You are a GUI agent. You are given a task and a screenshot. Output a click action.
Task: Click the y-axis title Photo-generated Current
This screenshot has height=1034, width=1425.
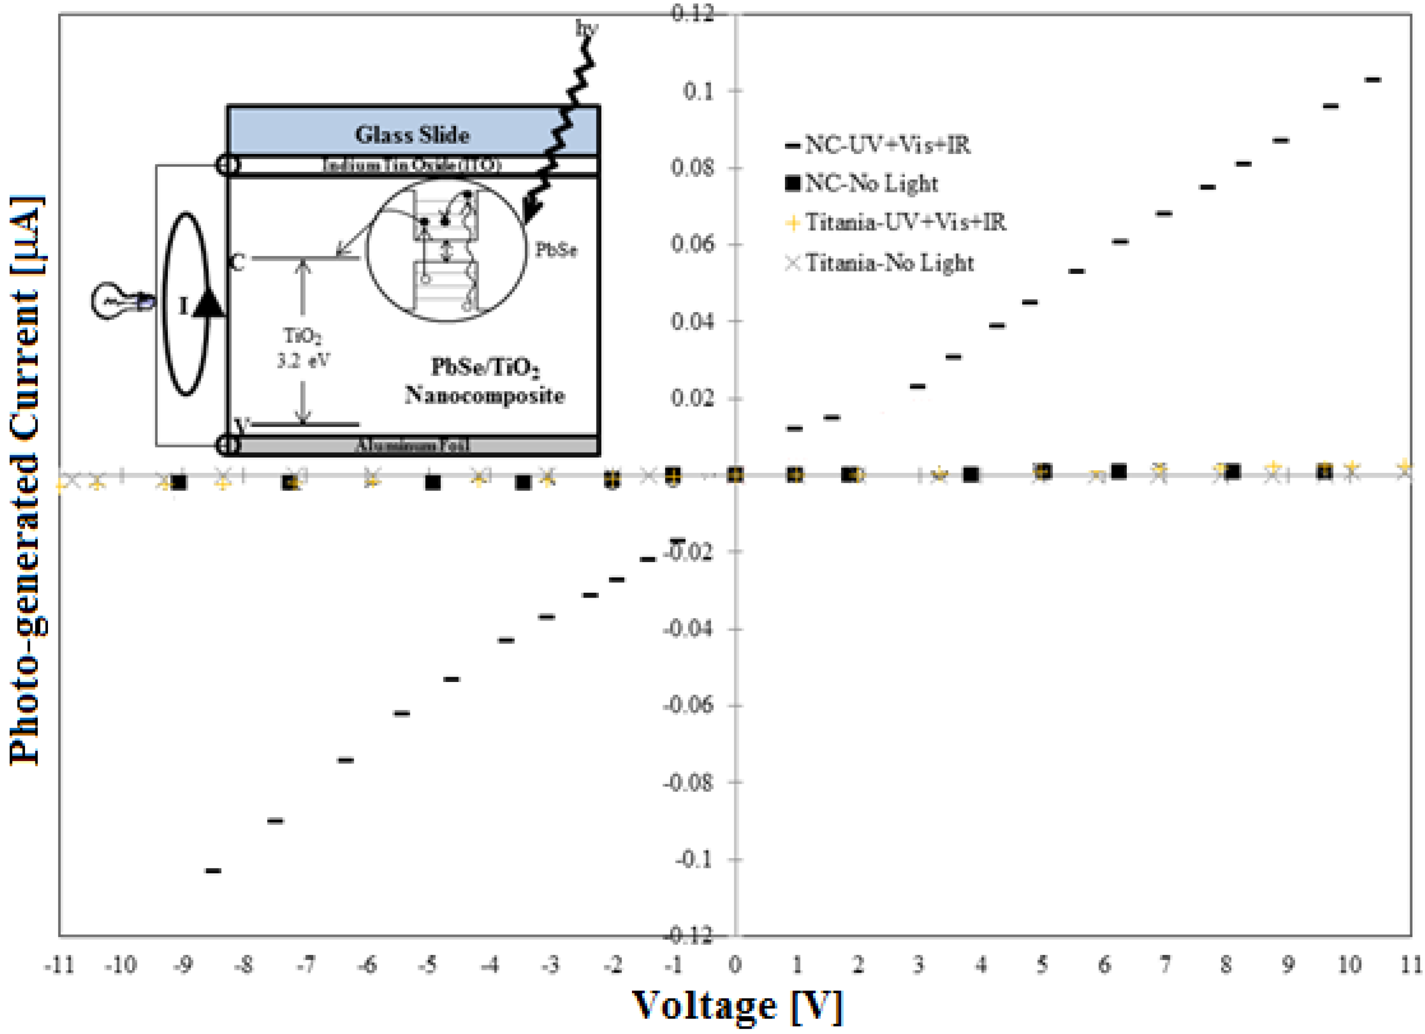tap(26, 481)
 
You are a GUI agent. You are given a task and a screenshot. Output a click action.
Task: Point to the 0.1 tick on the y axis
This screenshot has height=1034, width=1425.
tap(699, 92)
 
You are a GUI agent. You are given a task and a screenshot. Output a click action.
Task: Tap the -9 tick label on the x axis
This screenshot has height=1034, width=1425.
tap(183, 964)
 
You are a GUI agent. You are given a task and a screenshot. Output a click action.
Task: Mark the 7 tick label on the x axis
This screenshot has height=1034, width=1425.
tap(1165, 964)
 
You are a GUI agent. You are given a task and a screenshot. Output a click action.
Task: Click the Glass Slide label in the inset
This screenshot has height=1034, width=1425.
tap(412, 134)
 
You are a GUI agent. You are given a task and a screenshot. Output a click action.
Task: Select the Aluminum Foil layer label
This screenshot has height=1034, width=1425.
tap(412, 446)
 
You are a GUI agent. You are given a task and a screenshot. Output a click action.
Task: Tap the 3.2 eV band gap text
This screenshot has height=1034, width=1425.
tap(304, 361)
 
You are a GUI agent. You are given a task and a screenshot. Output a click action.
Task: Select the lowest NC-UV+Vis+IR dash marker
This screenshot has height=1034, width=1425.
tap(213, 870)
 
